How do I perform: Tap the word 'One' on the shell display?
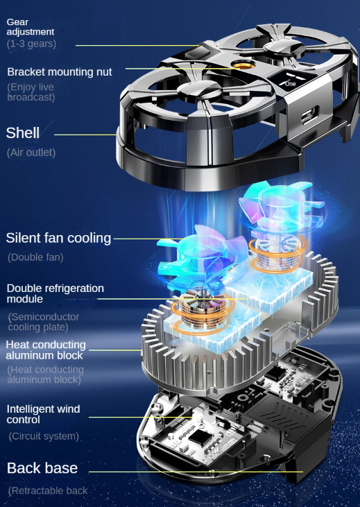[290, 84]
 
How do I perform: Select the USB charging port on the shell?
[310, 114]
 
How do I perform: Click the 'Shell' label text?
[23, 133]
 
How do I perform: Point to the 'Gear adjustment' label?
[31, 27]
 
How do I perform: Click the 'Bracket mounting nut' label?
[60, 71]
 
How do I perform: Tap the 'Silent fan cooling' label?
[58, 238]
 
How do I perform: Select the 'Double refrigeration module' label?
[55, 293]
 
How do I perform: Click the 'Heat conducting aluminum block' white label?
[46, 350]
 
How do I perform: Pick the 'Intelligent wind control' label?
[43, 414]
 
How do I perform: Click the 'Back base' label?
[42, 468]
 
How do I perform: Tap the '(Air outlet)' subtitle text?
[31, 153]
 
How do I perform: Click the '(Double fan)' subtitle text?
[35, 257]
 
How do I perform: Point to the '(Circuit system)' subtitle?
[44, 436]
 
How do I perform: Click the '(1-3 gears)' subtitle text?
[31, 44]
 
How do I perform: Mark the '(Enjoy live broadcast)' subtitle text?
[31, 92]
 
